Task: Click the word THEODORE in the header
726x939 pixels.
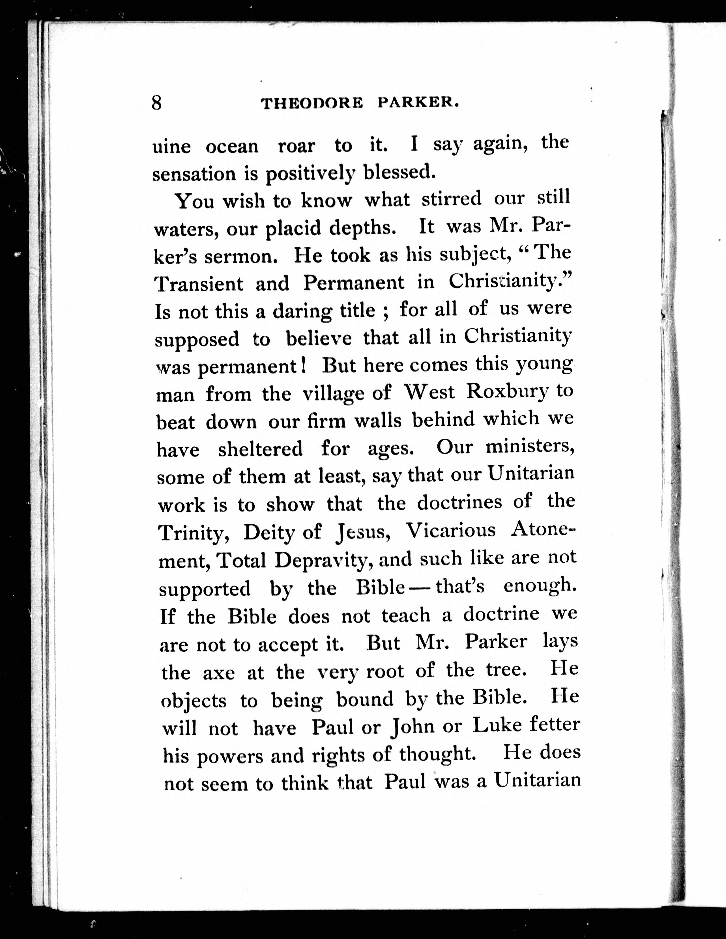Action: (x=313, y=104)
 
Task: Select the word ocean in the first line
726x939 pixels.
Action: (x=232, y=147)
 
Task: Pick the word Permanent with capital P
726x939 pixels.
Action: (x=354, y=283)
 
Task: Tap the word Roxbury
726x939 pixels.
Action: (x=508, y=392)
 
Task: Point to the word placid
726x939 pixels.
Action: (x=293, y=228)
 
